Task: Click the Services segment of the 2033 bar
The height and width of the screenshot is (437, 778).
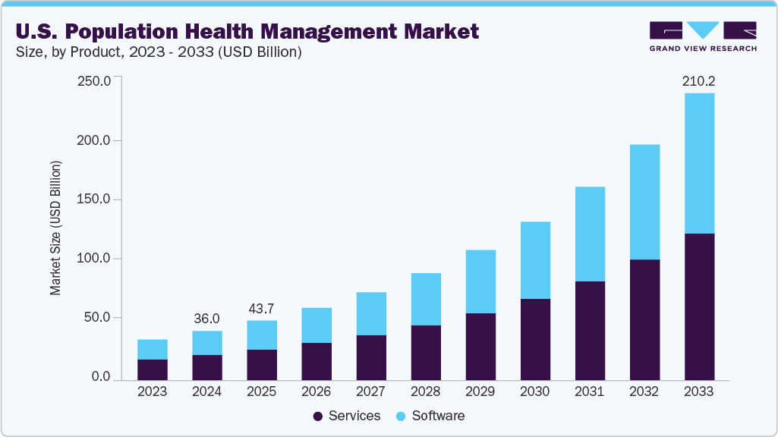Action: tap(699, 307)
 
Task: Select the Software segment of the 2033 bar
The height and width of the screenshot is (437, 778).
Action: tap(699, 163)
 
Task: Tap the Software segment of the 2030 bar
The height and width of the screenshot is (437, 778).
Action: tap(535, 260)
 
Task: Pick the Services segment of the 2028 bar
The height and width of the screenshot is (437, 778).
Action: tap(426, 353)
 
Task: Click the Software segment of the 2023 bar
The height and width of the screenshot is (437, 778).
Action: tap(153, 349)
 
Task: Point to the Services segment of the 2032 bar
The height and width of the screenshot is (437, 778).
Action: tap(644, 319)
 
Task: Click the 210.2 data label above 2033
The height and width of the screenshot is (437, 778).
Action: tap(699, 80)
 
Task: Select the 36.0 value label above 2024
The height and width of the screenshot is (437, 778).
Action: tap(207, 319)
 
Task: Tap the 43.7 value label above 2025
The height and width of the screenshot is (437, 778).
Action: tap(262, 308)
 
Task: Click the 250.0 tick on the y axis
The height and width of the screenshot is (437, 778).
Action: tap(96, 81)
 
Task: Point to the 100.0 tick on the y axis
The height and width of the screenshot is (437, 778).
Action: tap(96, 259)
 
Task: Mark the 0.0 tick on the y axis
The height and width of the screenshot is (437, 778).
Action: tap(100, 377)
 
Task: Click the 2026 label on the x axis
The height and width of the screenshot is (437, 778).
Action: tap(317, 392)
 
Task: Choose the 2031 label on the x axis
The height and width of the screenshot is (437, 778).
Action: tap(590, 392)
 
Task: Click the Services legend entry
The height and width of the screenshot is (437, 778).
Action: tap(346, 416)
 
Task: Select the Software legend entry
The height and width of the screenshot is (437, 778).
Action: tap(430, 416)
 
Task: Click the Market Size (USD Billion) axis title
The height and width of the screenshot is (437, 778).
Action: tap(55, 228)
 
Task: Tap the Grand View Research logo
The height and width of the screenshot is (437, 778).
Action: tap(703, 36)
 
